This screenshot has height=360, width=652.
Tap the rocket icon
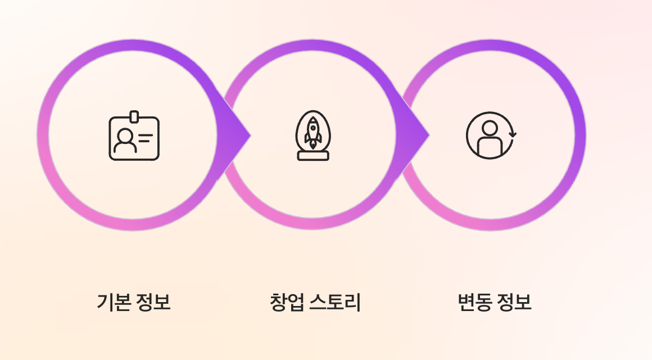(x=313, y=136)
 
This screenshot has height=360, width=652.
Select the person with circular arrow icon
(x=491, y=136)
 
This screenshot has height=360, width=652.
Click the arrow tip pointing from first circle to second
(x=250, y=135)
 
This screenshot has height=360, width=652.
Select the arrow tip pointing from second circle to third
(x=429, y=135)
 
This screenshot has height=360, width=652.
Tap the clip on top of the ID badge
(x=134, y=117)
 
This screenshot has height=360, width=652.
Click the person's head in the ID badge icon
(x=125, y=135)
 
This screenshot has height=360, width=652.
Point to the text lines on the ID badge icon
(x=145, y=138)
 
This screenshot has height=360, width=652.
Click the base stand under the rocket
(x=313, y=156)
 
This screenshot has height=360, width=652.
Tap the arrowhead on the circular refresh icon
(x=513, y=134)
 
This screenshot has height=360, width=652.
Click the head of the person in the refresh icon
(x=490, y=128)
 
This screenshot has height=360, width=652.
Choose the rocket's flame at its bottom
(x=313, y=145)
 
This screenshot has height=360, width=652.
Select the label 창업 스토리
(x=315, y=301)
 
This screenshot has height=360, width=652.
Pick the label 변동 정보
(x=495, y=301)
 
